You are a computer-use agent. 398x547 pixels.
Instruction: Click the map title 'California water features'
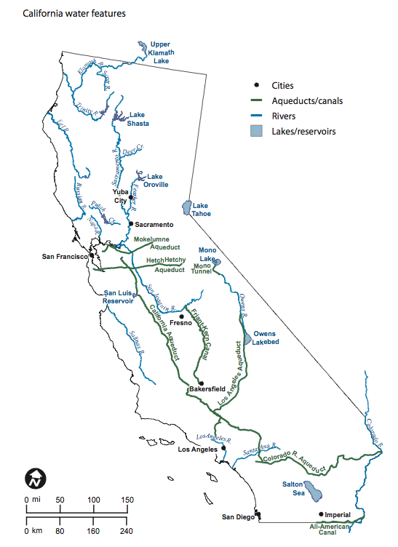tap(64, 13)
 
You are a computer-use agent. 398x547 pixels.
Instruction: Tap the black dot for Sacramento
tap(131, 224)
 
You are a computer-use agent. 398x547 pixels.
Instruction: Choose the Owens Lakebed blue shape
tap(248, 337)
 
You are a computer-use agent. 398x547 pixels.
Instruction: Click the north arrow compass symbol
tap(36, 477)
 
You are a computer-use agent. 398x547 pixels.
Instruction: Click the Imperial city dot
tap(321, 514)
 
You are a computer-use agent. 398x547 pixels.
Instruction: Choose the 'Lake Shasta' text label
tap(138, 119)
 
